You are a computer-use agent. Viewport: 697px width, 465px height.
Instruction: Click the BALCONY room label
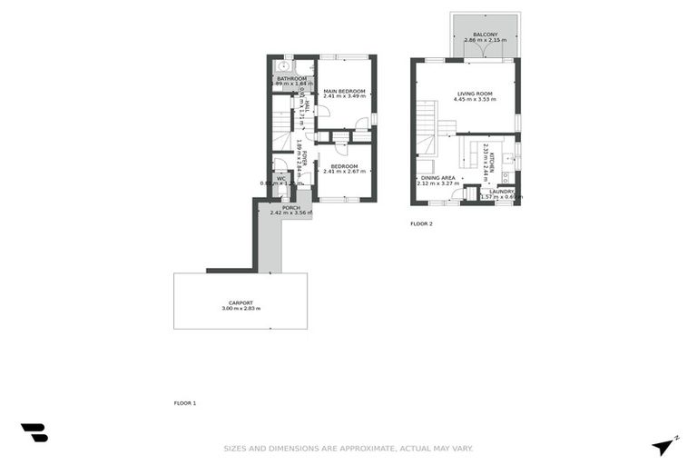[x=486, y=34]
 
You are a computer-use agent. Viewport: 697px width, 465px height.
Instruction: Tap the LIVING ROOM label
[x=474, y=94]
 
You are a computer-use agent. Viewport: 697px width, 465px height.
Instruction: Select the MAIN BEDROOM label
[x=344, y=91]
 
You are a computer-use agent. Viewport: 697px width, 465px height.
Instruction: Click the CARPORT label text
[x=241, y=302]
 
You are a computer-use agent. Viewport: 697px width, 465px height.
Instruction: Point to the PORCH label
[x=290, y=208]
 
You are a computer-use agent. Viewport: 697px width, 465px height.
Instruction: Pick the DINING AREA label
[x=437, y=178]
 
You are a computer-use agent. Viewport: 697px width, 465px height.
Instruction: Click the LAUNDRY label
[x=501, y=192]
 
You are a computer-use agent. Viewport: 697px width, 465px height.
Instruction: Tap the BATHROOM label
[x=291, y=79]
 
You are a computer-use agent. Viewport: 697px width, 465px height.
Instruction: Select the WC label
[x=281, y=179]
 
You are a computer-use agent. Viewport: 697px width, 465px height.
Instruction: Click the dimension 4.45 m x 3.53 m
[x=474, y=100]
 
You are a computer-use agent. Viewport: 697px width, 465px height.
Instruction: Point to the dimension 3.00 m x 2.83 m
[x=241, y=309]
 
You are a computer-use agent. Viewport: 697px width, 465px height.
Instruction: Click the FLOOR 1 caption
[x=185, y=402]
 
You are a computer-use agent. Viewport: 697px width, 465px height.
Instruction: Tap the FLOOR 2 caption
[x=421, y=223]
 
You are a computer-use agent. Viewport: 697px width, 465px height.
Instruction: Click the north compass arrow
[x=664, y=445]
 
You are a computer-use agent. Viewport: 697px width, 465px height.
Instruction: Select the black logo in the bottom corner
[x=34, y=433]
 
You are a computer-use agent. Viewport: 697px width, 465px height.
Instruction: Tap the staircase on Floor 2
[x=426, y=127]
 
